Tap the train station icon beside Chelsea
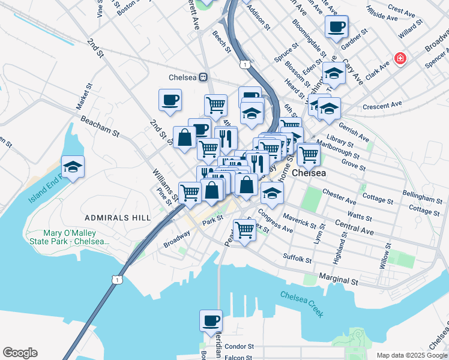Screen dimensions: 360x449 203,77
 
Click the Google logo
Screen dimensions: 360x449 20,353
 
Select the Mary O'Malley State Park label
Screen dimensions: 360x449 76,237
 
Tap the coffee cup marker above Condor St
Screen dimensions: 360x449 211,321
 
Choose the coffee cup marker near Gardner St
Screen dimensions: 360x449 336,27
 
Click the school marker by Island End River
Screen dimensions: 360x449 73,167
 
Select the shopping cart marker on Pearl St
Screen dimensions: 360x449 244,229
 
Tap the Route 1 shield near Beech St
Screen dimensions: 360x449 244,63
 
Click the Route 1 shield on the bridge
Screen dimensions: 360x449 118,279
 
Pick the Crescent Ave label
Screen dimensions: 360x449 382,106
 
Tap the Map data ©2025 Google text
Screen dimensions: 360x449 411,355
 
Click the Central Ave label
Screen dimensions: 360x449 355,228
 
